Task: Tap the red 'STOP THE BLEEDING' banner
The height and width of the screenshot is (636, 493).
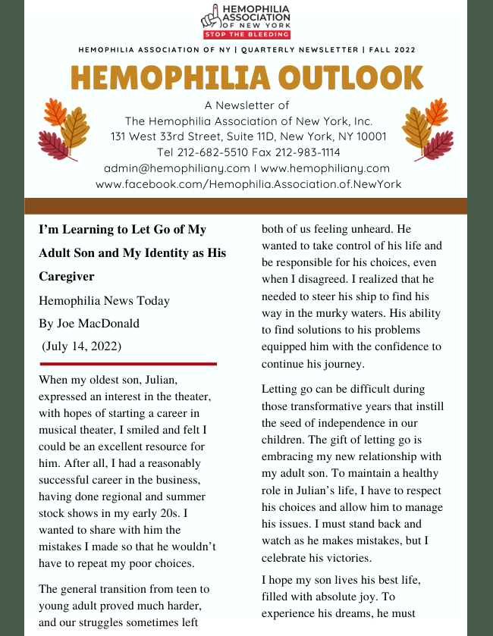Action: point(247,34)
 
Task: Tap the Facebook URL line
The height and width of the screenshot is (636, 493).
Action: point(248,183)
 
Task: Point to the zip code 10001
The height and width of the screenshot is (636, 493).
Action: point(367,136)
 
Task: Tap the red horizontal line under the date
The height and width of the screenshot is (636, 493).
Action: point(127,364)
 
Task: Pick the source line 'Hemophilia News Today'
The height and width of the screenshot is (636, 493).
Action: point(104,301)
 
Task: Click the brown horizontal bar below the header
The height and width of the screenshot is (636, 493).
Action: point(246,205)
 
